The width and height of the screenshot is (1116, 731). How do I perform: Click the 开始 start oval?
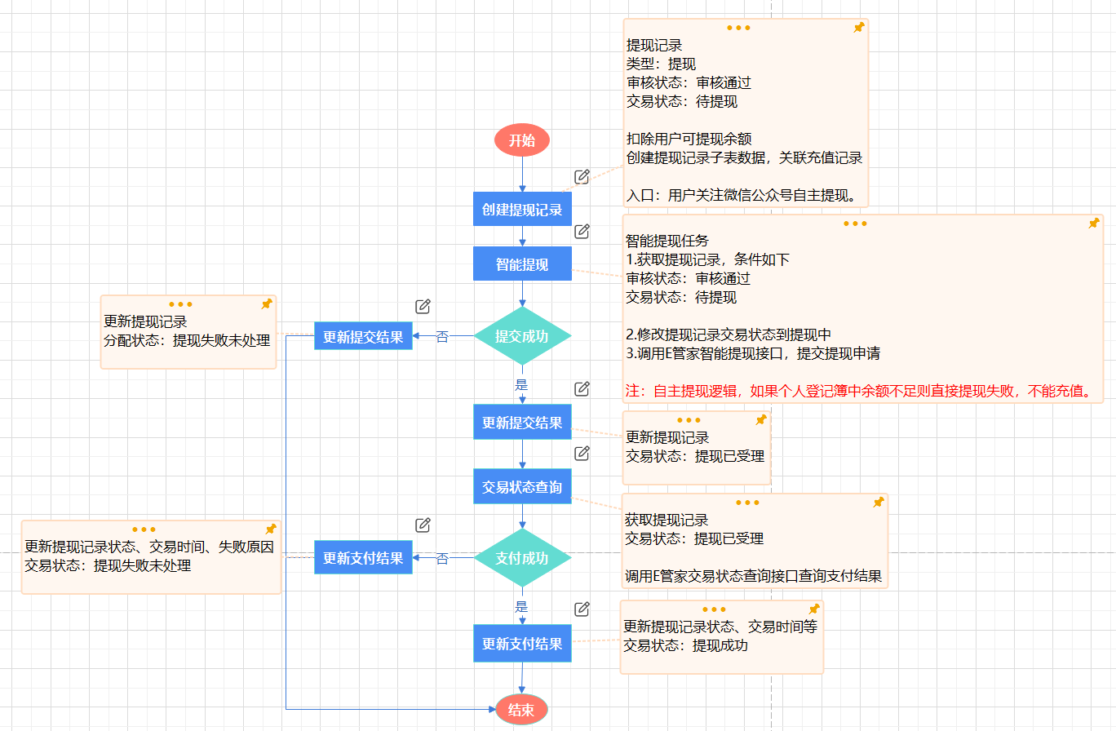[522, 140]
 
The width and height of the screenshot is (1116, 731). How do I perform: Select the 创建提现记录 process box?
[522, 210]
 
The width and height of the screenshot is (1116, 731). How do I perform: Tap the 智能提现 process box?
[522, 264]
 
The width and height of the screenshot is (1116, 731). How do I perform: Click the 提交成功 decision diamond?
[522, 335]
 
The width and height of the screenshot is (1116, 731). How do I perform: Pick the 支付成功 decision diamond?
[522, 558]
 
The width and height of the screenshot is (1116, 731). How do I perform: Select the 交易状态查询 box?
[522, 487]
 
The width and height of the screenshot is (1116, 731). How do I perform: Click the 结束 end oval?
[521, 710]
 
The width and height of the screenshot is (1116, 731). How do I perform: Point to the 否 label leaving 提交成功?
[442, 336]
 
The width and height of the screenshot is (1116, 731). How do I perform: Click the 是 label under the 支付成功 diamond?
[522, 607]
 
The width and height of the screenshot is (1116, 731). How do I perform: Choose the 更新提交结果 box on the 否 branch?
[363, 337]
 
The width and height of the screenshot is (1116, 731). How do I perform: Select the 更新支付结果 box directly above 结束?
[522, 644]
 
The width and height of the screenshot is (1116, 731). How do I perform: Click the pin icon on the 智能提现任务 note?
[1094, 224]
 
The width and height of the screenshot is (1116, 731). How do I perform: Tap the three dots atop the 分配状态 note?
[181, 304]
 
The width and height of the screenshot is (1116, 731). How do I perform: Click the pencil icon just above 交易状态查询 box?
[582, 454]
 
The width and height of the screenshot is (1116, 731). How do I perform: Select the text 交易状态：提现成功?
[685, 646]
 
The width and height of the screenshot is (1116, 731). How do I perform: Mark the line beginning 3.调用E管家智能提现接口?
[753, 353]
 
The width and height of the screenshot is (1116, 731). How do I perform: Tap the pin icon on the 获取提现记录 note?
[879, 503]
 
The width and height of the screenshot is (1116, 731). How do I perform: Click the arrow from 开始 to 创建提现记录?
[522, 174]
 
